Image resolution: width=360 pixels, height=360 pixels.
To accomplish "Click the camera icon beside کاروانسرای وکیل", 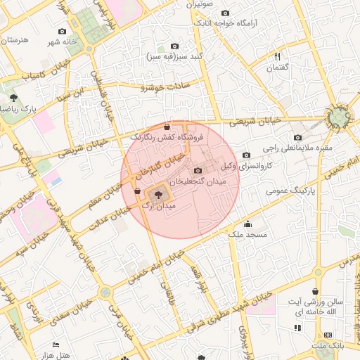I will (x=245, y=155).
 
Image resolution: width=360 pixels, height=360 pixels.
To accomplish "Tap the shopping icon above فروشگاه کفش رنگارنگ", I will (x=166, y=127).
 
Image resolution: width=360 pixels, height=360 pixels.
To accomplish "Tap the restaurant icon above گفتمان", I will (x=277, y=56).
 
